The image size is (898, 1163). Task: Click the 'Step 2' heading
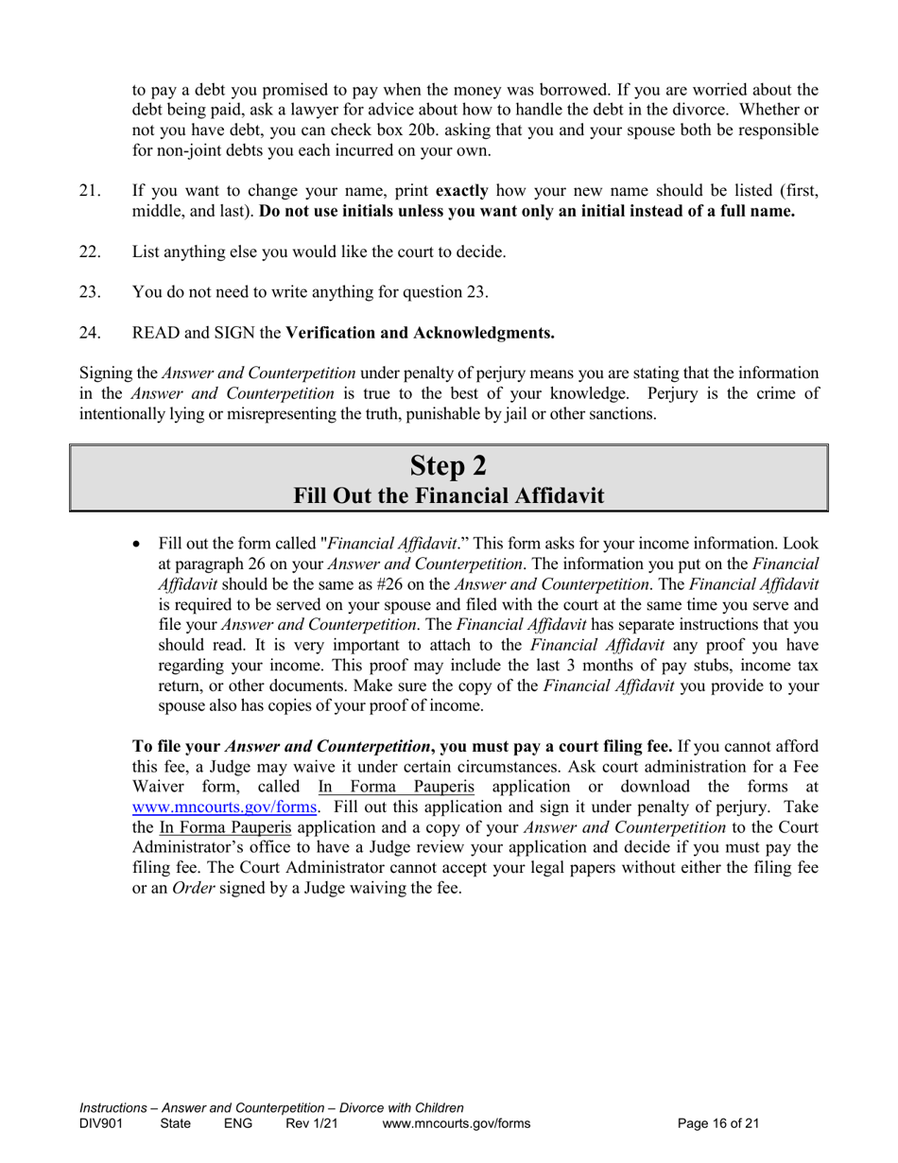click(x=448, y=465)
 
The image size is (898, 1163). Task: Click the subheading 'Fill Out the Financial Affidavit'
click(x=448, y=495)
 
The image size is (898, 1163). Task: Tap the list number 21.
click(x=90, y=191)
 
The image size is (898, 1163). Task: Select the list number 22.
click(x=90, y=252)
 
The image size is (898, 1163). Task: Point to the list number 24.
click(x=90, y=333)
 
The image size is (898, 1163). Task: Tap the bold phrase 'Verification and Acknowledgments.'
click(x=420, y=333)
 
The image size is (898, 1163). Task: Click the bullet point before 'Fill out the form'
click(x=138, y=544)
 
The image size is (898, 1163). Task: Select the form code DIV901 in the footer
click(x=101, y=1124)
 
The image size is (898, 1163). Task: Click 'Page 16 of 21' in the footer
click(x=718, y=1124)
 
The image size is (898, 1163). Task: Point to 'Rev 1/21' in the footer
click(x=311, y=1124)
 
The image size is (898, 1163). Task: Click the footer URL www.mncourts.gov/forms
click(x=456, y=1124)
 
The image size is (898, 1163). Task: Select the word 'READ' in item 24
click(x=156, y=333)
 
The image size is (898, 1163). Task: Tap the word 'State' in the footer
click(x=175, y=1124)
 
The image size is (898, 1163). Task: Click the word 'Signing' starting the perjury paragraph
click(x=106, y=373)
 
